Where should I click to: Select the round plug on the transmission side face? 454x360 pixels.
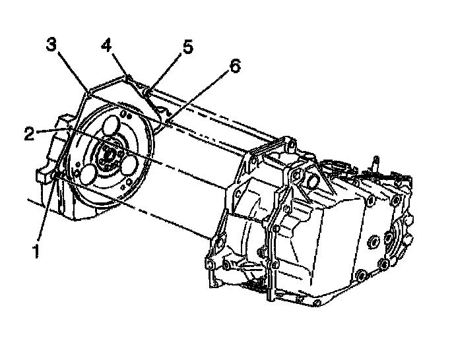[x=377, y=241]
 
